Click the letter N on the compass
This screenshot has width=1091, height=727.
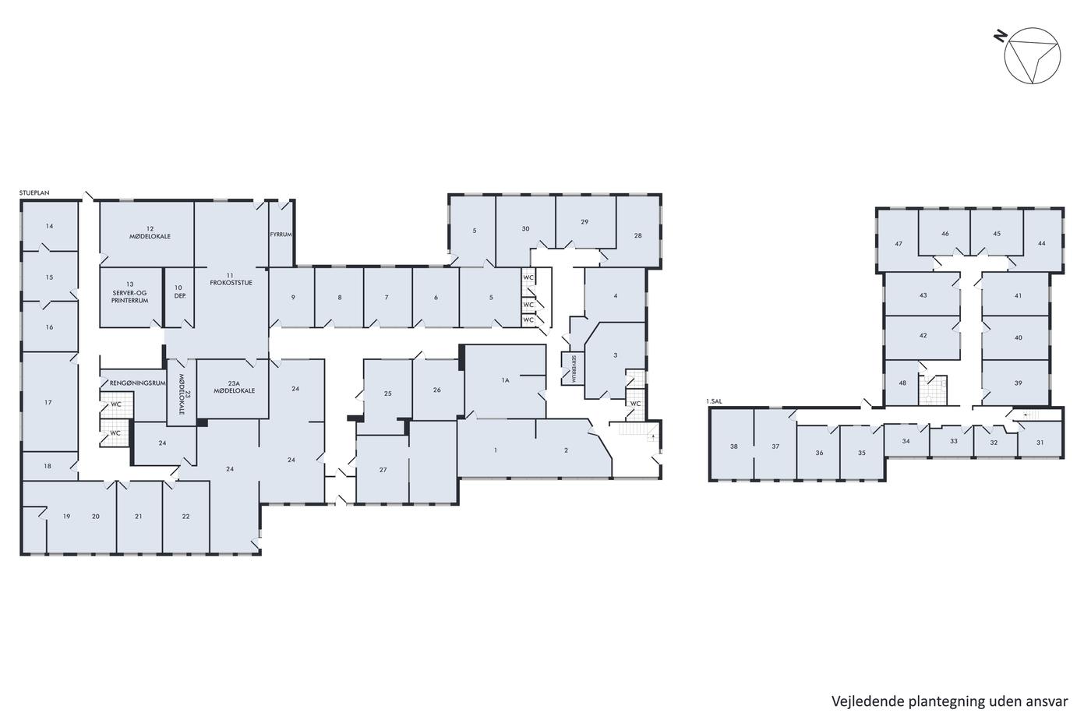pyautogui.click(x=1001, y=37)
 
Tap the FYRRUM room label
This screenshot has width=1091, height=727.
pyautogui.click(x=281, y=235)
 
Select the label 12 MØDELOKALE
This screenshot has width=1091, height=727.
pyautogui.click(x=150, y=232)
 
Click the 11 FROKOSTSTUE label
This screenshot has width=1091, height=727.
pyautogui.click(x=231, y=279)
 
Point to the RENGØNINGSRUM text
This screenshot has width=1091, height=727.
pyautogui.click(x=138, y=383)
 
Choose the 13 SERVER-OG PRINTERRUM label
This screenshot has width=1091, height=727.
pyautogui.click(x=130, y=292)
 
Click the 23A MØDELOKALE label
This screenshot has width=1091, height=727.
pyautogui.click(x=235, y=387)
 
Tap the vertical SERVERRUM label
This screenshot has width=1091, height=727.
pyautogui.click(x=574, y=369)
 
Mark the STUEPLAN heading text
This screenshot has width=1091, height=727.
pyautogui.click(x=34, y=192)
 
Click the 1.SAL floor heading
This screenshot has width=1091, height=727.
pyautogui.click(x=714, y=401)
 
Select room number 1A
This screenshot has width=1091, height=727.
pyautogui.click(x=505, y=380)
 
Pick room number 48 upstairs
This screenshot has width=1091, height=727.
pyautogui.click(x=902, y=383)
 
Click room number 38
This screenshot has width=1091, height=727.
pyautogui.click(x=734, y=446)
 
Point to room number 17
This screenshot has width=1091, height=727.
pyautogui.click(x=48, y=402)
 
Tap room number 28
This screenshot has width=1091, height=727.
pyautogui.click(x=638, y=235)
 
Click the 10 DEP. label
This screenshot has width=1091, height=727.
pyautogui.click(x=180, y=291)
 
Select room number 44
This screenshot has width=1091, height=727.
pyautogui.click(x=1042, y=243)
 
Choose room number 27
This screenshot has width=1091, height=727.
pyautogui.click(x=383, y=469)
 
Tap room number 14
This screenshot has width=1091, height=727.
pyautogui.click(x=49, y=226)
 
